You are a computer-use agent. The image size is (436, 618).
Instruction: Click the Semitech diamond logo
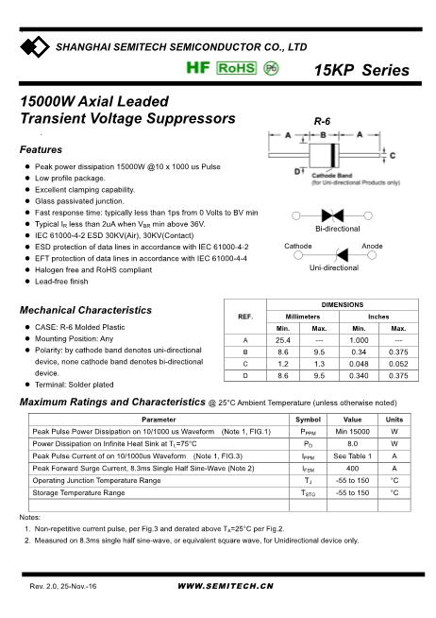(37, 46)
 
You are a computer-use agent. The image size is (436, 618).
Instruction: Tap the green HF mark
(197, 69)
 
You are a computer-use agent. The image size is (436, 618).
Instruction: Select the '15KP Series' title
(361, 71)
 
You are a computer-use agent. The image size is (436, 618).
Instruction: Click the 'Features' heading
(41, 150)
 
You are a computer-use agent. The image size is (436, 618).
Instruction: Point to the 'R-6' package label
(322, 122)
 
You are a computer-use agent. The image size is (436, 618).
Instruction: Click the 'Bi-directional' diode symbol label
(337, 230)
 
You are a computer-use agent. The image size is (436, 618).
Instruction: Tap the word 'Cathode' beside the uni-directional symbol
(298, 246)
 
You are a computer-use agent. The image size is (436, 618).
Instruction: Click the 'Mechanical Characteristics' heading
(85, 310)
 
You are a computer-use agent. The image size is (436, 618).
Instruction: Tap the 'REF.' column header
(245, 316)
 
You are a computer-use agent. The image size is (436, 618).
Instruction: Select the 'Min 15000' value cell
(352, 432)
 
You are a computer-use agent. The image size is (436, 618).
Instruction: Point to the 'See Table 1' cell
(352, 455)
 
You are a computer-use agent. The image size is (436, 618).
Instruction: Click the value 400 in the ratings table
(352, 468)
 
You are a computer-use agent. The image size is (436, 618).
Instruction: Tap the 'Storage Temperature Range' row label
(78, 492)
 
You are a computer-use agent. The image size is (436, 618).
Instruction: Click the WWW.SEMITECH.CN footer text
(225, 587)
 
